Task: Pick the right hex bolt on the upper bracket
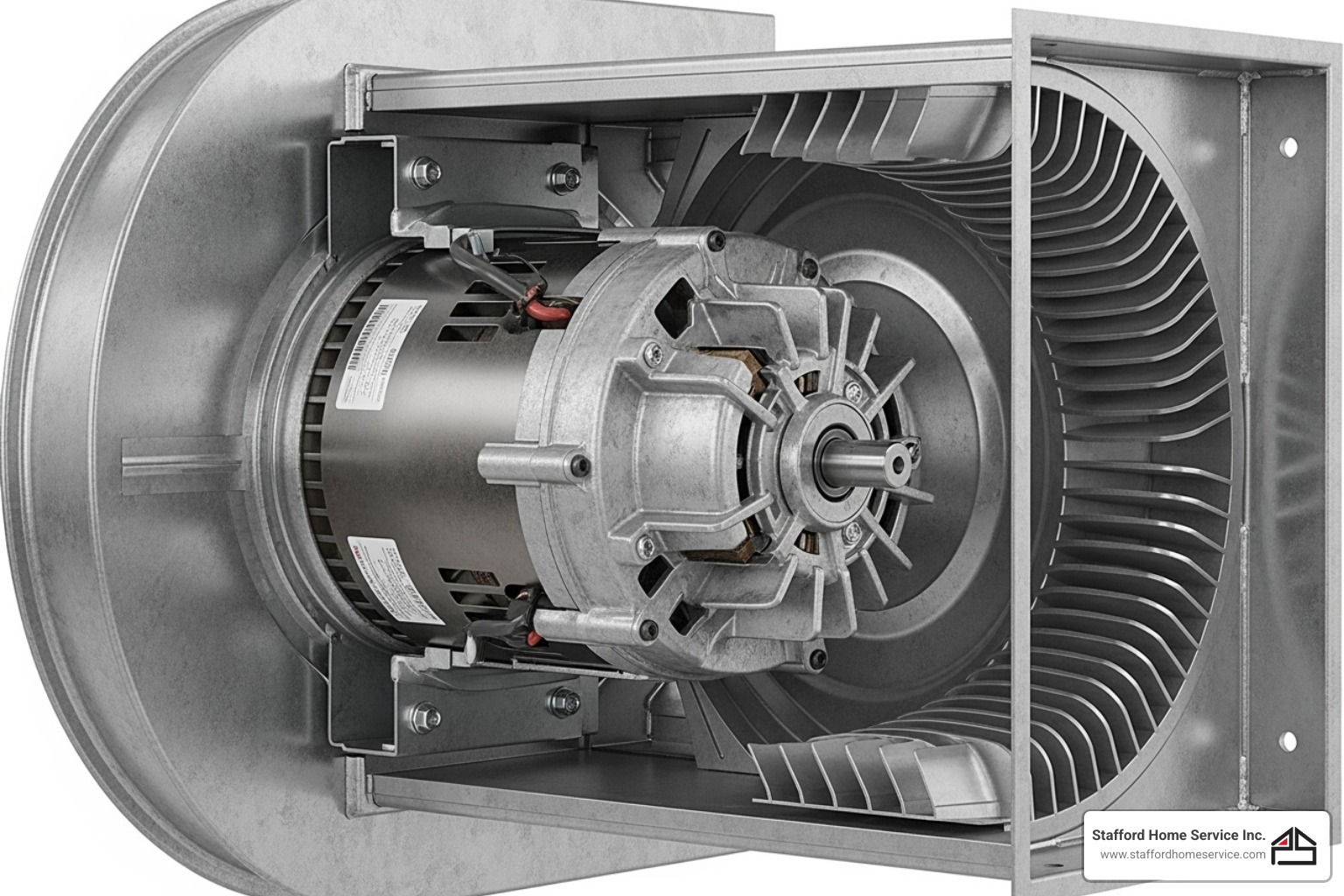tap(560, 178)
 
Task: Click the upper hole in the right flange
tap(1288, 147)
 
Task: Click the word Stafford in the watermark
tap(1120, 836)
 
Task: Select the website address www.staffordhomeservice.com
tap(1182, 855)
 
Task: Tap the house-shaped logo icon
tap(1294, 845)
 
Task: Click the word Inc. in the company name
tap(1252, 836)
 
